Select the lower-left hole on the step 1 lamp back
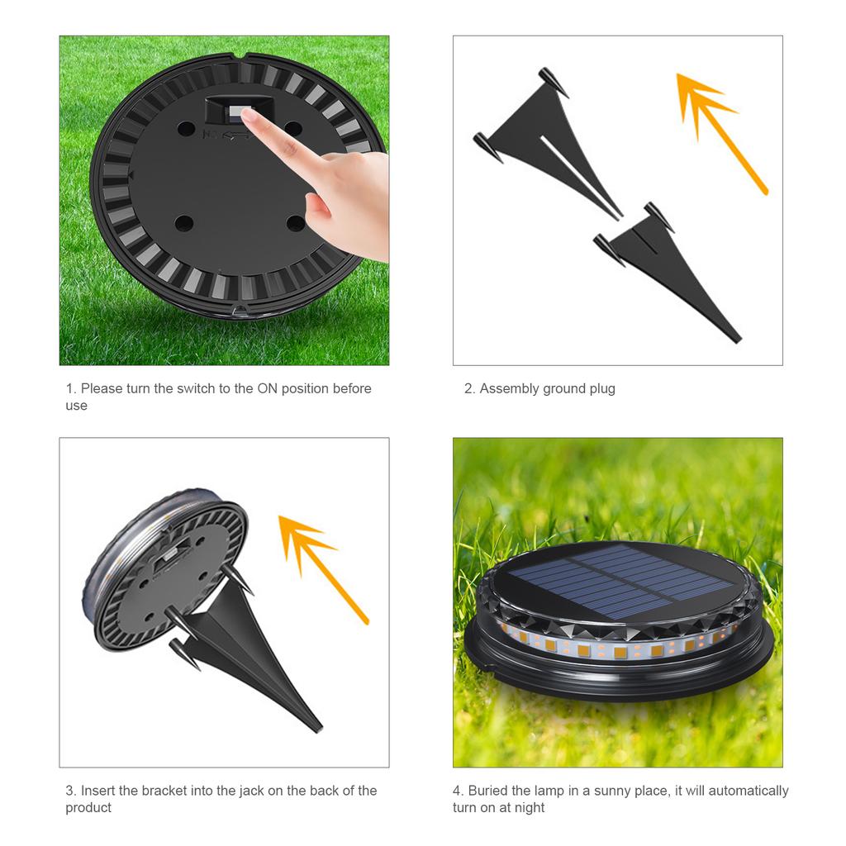[x=183, y=223]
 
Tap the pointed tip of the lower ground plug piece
[x=734, y=337]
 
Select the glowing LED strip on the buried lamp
[x=620, y=649]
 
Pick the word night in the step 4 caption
[x=528, y=808]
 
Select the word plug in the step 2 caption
[x=602, y=388]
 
